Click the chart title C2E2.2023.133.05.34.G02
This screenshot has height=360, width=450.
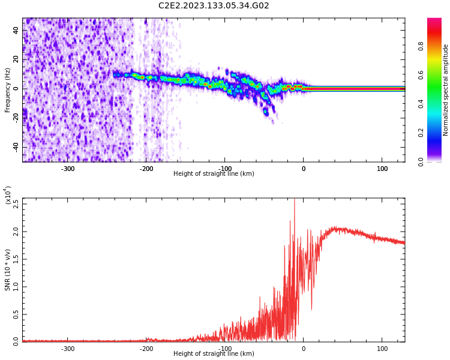[x=214, y=6]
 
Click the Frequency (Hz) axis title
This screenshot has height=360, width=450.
[x=8, y=90]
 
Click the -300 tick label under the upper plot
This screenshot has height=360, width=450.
[x=68, y=169]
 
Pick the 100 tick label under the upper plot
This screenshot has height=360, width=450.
[x=382, y=169]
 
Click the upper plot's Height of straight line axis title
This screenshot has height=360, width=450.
[x=214, y=174]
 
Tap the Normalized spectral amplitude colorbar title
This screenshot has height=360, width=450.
[x=446, y=90]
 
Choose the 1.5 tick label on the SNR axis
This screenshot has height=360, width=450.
[x=16, y=259]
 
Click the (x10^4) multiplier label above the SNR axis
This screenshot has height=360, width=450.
[x=8, y=196]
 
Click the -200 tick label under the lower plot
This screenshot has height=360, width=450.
[x=146, y=349]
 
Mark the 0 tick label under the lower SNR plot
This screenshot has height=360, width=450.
[x=303, y=349]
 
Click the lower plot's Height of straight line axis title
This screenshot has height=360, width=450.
[x=214, y=354]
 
